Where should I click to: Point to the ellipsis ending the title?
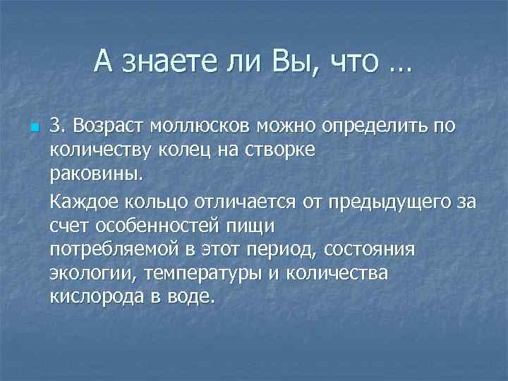click(x=399, y=69)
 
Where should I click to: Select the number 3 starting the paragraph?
click(x=56, y=126)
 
